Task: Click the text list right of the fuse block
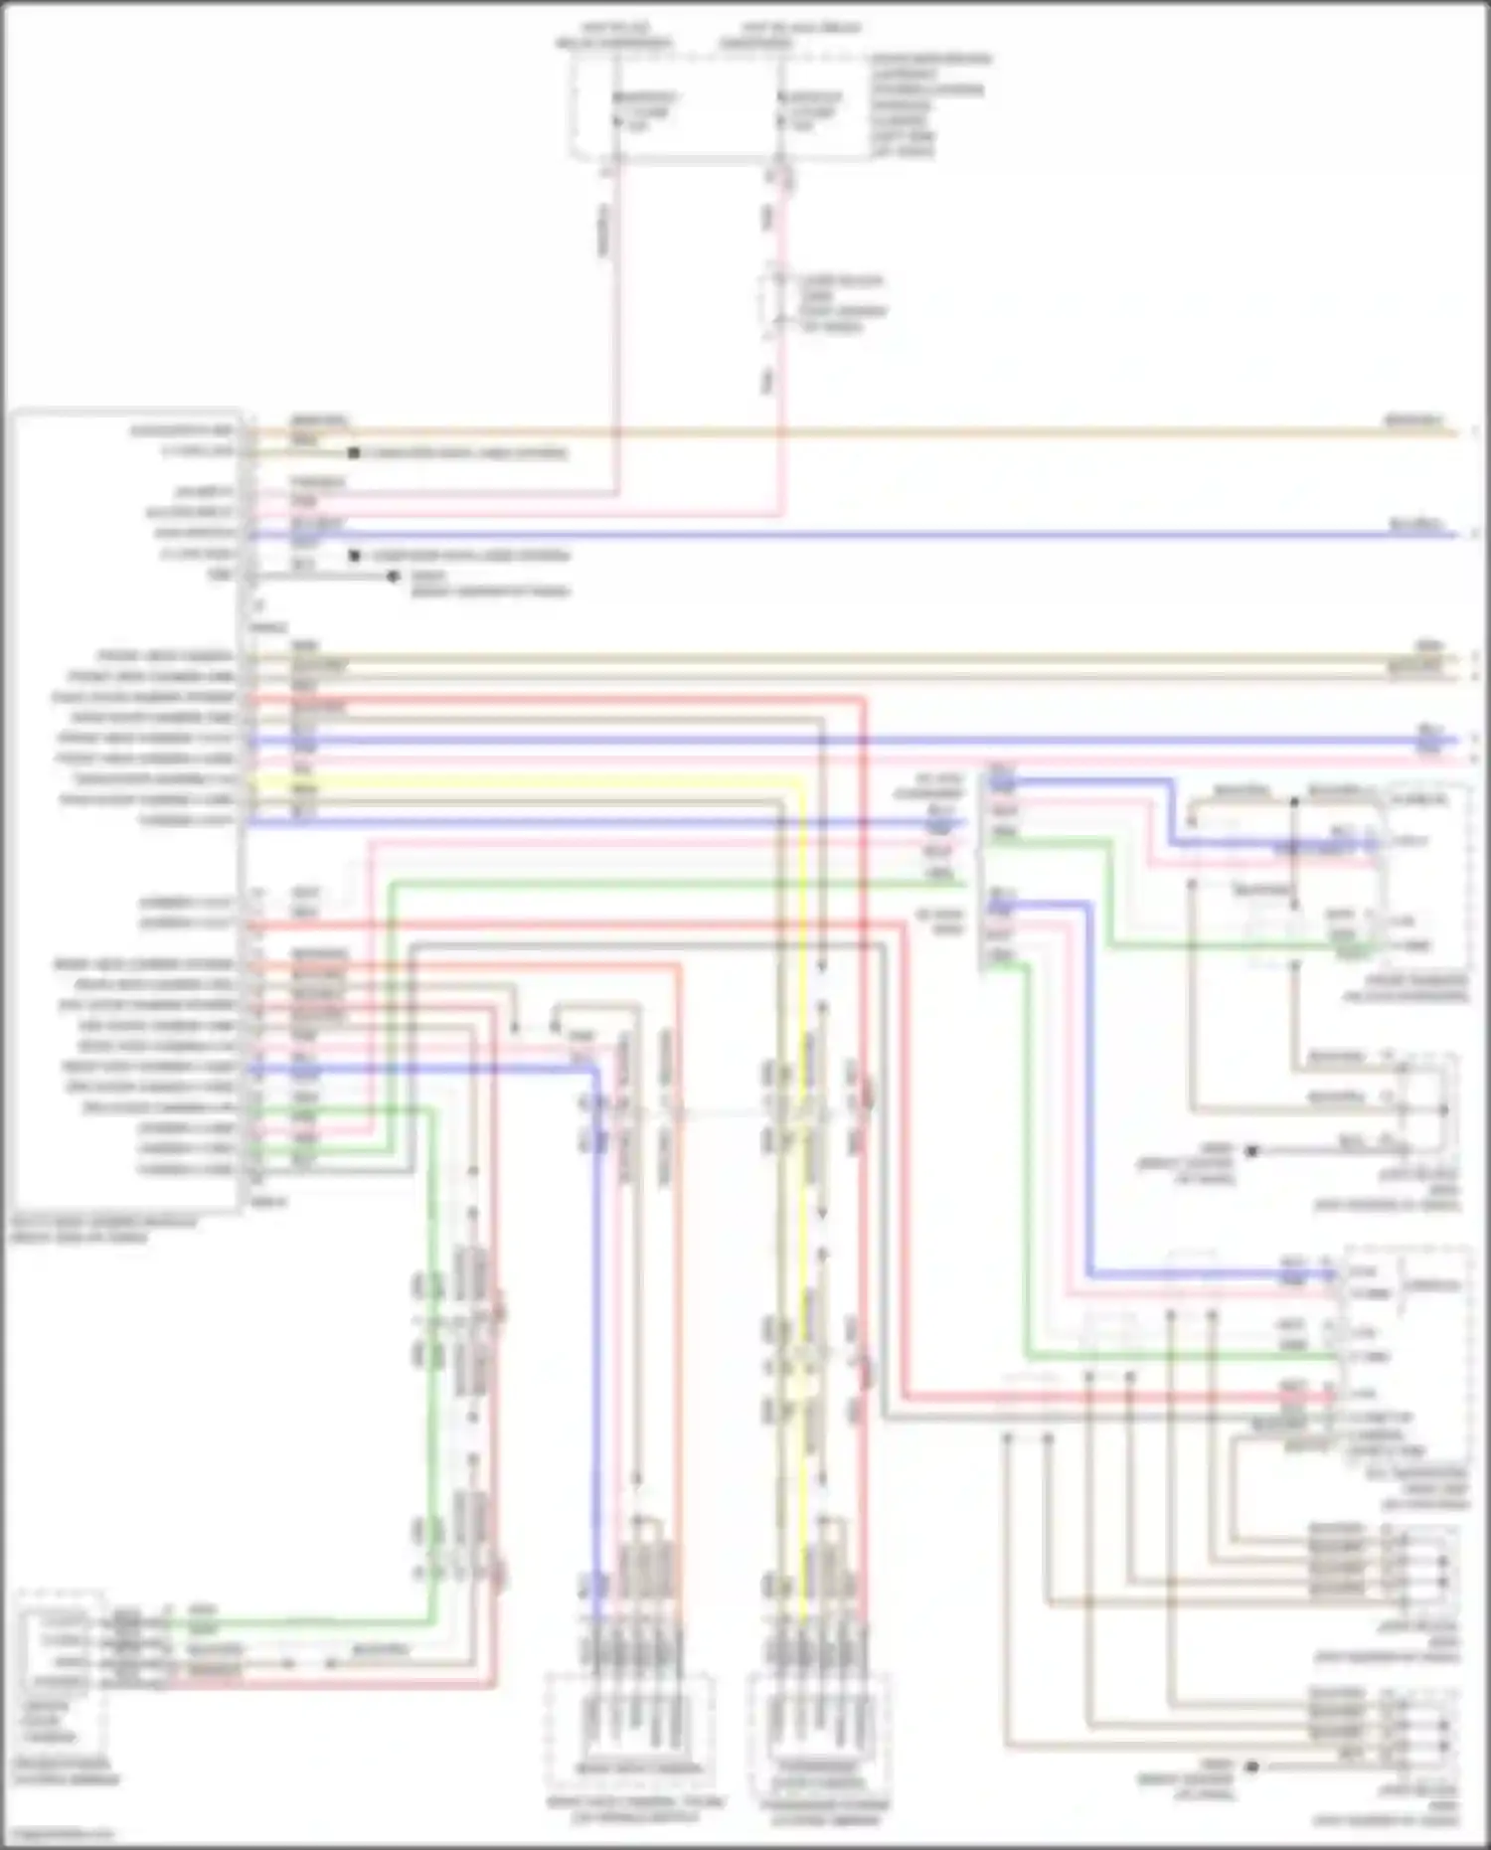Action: pyautogui.click(x=929, y=105)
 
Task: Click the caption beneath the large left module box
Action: pyautogui.click(x=104, y=1230)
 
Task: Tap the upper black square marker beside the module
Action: pyautogui.click(x=353, y=453)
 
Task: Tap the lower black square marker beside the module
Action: pyautogui.click(x=353, y=556)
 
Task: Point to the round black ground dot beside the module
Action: pyautogui.click(x=394, y=577)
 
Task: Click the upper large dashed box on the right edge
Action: pyautogui.click(x=1421, y=875)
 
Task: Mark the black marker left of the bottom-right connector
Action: pyautogui.click(x=1252, y=1766)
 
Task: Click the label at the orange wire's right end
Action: pyautogui.click(x=1415, y=420)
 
